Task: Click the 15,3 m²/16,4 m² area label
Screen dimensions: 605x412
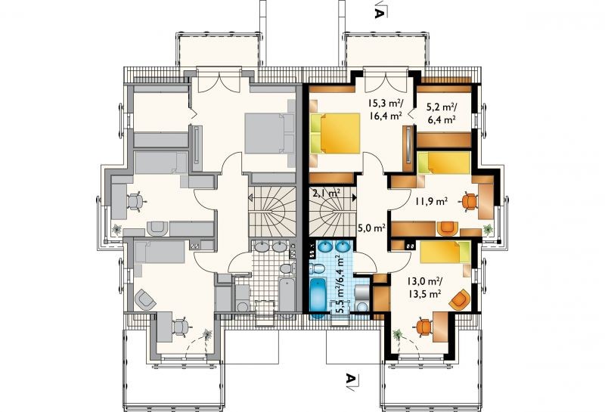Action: tap(385, 109)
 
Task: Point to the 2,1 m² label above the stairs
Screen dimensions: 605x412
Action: tap(326, 193)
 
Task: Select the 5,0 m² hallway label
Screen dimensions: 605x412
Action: tap(372, 228)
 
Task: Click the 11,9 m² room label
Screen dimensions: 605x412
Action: tap(431, 200)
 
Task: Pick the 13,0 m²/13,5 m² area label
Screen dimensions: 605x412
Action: tap(425, 287)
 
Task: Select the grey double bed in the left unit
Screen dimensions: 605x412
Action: tap(270, 133)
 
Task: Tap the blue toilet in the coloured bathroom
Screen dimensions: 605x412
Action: tap(318, 268)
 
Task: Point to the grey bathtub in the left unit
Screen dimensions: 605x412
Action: tap(287, 297)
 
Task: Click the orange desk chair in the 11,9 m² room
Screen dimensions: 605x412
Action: tap(469, 201)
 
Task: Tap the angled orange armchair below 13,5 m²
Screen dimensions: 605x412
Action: tap(460, 300)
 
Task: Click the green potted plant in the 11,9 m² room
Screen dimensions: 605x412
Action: tap(488, 230)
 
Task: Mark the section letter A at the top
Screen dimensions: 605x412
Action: tap(380, 13)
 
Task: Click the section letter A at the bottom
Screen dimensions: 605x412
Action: tap(349, 379)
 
